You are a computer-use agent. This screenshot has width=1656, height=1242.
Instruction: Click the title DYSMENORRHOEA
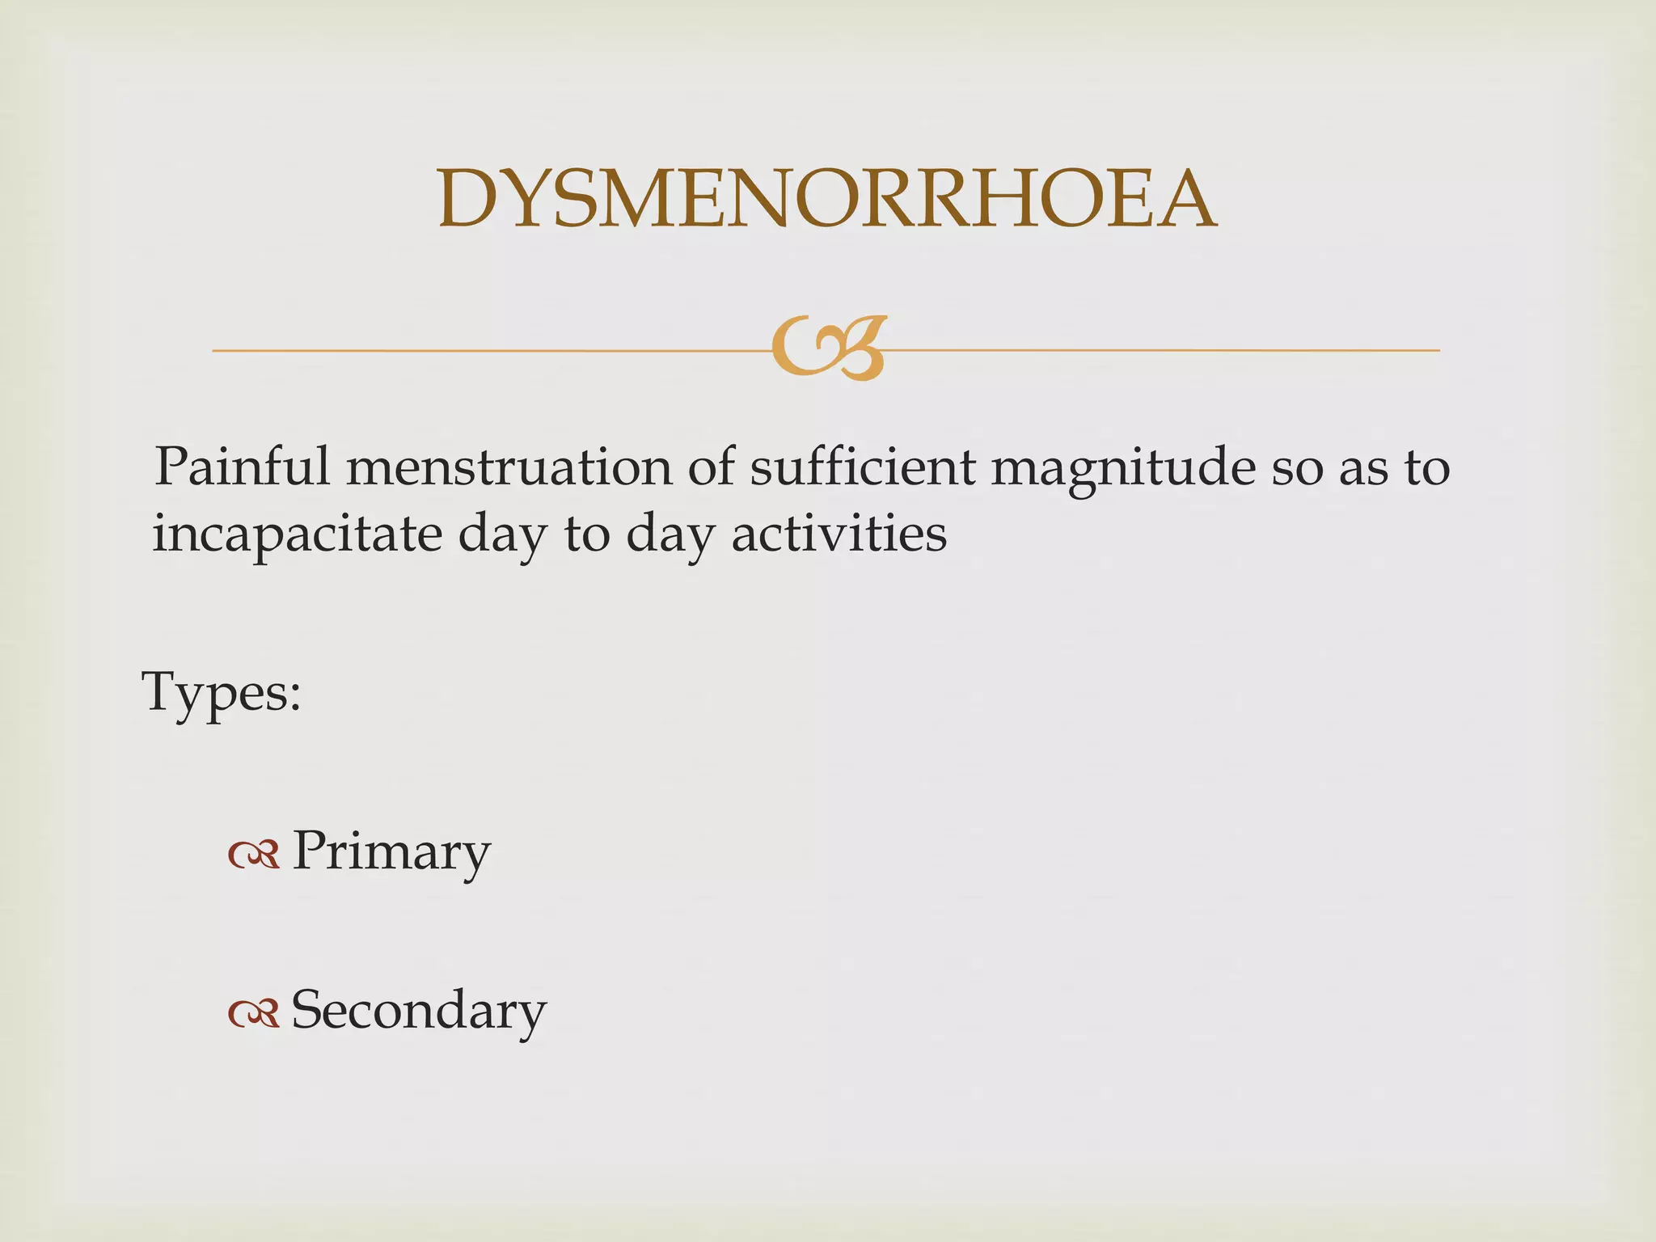[x=826, y=199]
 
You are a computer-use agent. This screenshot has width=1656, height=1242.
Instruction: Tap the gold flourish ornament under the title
[x=828, y=349]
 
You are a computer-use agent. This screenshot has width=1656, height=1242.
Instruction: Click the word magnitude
[x=1123, y=469]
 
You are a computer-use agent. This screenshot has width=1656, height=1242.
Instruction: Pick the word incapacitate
[x=297, y=535]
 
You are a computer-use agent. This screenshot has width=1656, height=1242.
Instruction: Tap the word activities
[x=839, y=534]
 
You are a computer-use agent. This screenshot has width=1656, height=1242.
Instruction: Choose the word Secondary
[x=418, y=1010]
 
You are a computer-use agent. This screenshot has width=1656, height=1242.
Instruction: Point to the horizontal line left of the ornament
[x=485, y=350]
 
